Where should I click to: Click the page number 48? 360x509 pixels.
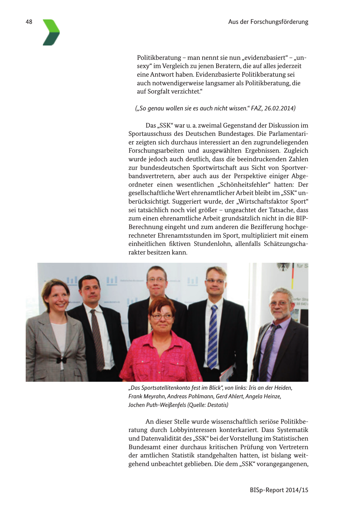pos(29,22)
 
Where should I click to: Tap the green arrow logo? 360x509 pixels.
pos(51,32)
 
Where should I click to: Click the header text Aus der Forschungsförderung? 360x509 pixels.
pos(268,22)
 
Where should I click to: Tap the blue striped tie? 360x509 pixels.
pos(213,334)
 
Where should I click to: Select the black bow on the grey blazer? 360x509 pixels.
pos(62,360)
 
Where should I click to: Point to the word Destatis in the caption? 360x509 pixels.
pos(218,405)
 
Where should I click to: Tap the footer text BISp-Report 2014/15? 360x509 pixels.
pos(279,490)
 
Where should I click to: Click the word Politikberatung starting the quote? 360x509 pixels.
pos(159,58)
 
